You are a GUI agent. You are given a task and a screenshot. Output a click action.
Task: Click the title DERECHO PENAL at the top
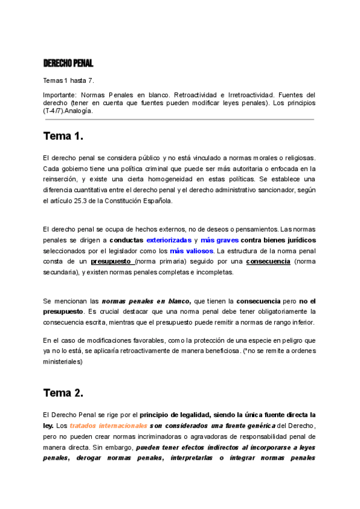(x=68, y=63)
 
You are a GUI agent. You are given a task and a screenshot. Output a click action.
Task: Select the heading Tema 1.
(x=63, y=136)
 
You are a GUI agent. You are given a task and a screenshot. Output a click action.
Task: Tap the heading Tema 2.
(x=63, y=393)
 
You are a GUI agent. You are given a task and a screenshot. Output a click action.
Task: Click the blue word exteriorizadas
(x=170, y=240)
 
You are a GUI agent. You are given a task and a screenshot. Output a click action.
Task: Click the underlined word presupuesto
(x=112, y=262)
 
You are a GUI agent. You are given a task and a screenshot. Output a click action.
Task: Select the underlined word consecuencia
(x=268, y=262)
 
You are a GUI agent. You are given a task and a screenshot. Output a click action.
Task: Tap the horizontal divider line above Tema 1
(x=179, y=119)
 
